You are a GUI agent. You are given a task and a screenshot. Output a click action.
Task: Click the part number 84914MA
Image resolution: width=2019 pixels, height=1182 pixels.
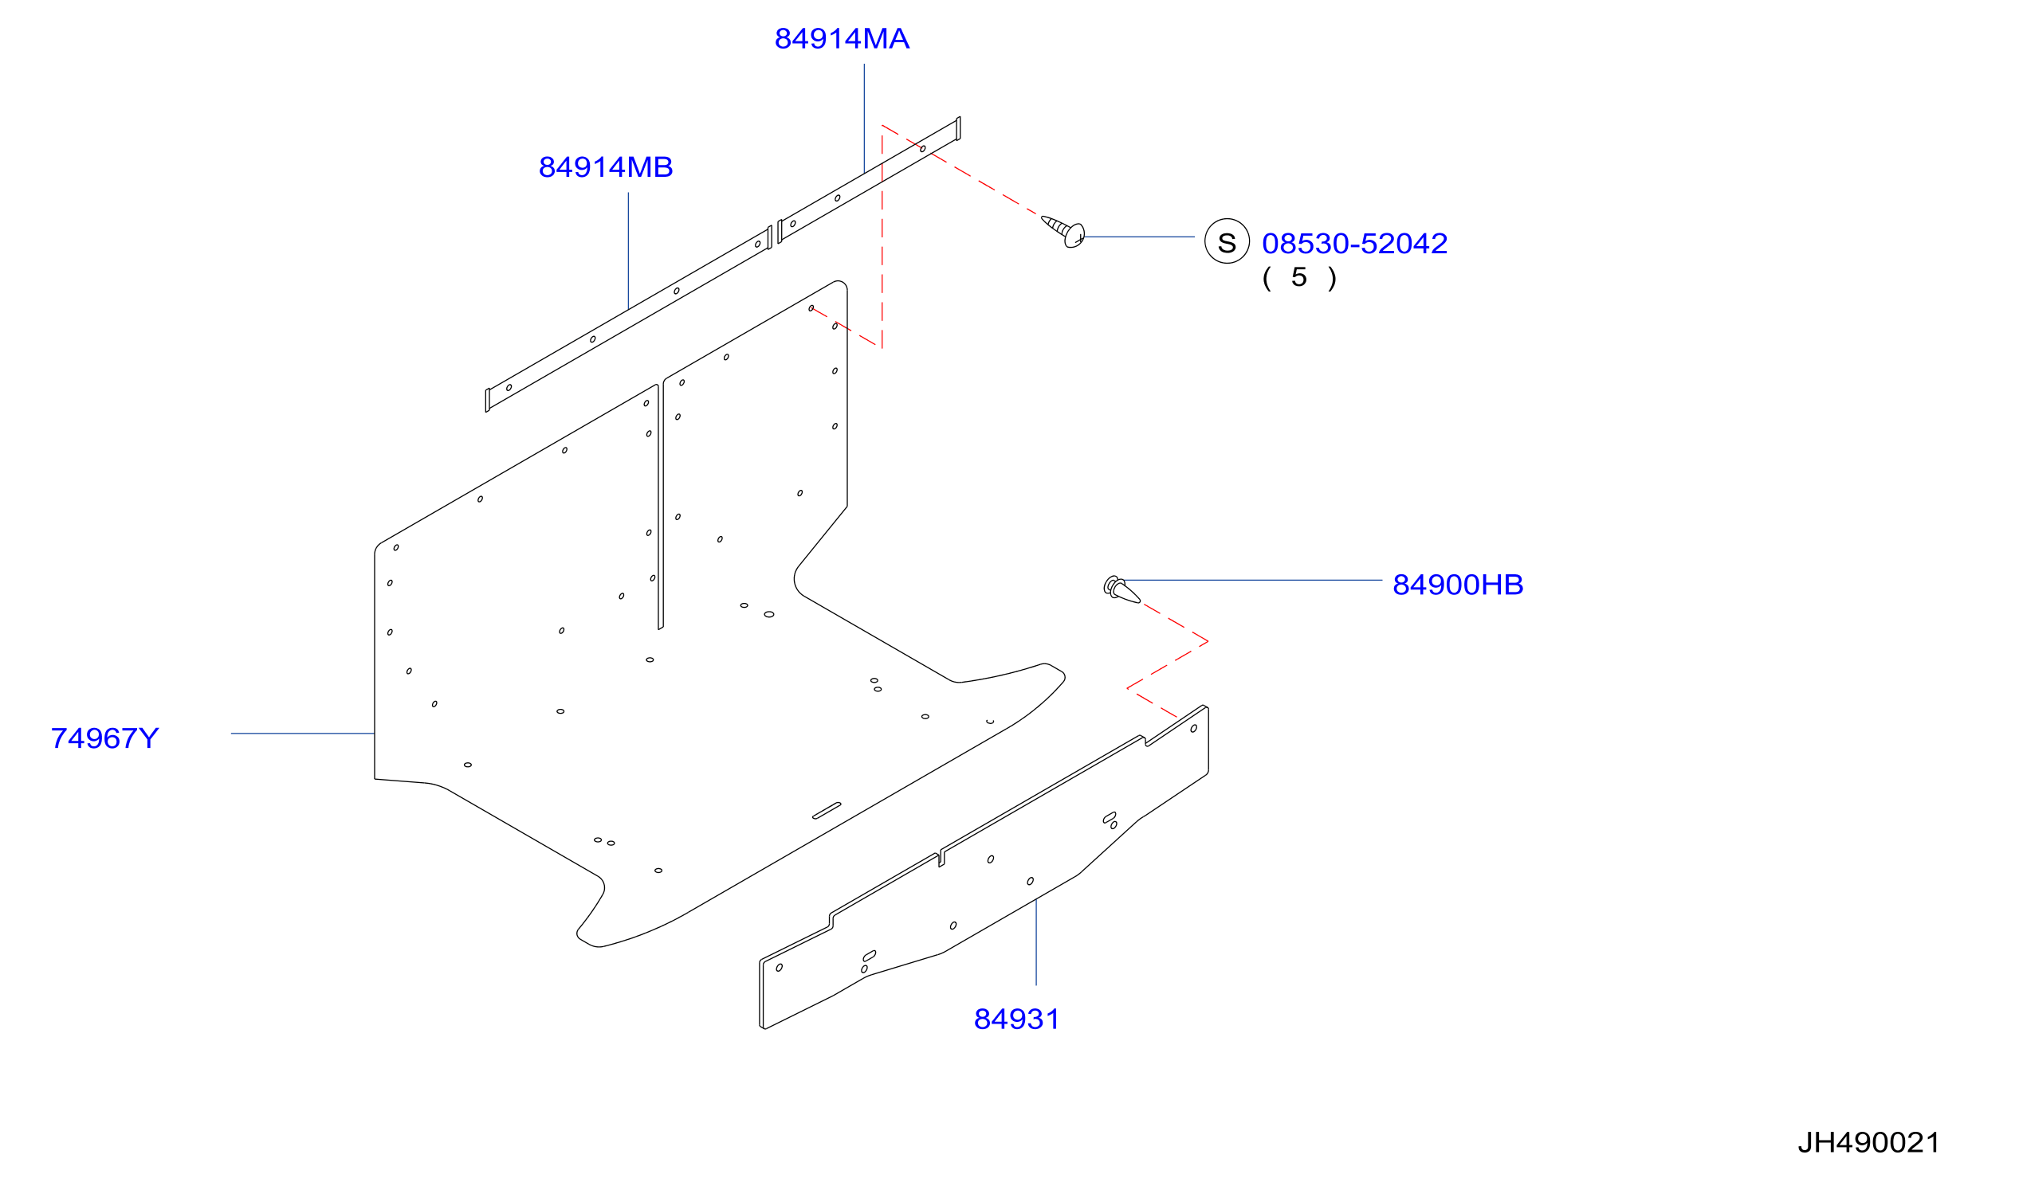841,38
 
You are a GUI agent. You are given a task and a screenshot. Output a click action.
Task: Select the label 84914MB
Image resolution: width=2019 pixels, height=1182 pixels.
606,167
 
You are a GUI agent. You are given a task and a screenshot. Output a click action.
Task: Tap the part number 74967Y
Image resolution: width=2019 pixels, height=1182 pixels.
105,738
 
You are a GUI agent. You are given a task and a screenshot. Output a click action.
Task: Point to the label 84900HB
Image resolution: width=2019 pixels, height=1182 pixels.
1458,585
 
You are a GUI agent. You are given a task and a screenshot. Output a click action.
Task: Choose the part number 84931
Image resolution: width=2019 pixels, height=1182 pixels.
1017,1020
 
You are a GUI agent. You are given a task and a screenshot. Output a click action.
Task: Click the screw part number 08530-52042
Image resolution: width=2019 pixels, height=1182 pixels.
1355,244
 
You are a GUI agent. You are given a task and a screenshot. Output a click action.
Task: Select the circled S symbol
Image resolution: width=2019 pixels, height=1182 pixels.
1227,241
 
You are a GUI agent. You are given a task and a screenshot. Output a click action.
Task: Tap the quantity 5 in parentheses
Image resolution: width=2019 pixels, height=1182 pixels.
1298,278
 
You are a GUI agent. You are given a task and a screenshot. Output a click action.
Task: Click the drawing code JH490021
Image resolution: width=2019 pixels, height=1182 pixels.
1869,1143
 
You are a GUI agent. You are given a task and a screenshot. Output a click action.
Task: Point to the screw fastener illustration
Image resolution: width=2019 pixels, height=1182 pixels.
1064,232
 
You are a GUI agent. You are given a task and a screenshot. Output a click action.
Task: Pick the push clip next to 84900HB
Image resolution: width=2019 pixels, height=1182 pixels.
1121,589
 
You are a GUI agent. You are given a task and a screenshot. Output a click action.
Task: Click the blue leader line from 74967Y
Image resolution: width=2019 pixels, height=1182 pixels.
303,734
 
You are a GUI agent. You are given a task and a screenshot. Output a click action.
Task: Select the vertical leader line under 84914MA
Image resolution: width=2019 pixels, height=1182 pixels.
864,119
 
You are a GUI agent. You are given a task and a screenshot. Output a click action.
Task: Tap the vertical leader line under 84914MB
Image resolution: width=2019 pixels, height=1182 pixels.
628,251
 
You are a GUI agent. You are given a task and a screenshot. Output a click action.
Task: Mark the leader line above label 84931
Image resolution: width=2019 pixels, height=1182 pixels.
1036,941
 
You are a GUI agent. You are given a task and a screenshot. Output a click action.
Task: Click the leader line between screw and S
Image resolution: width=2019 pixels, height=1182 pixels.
1138,237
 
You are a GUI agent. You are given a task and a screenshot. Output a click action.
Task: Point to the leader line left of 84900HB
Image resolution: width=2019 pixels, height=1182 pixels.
1253,580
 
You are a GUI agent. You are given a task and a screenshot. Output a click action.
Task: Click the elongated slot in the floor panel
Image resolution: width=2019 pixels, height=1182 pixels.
827,810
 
